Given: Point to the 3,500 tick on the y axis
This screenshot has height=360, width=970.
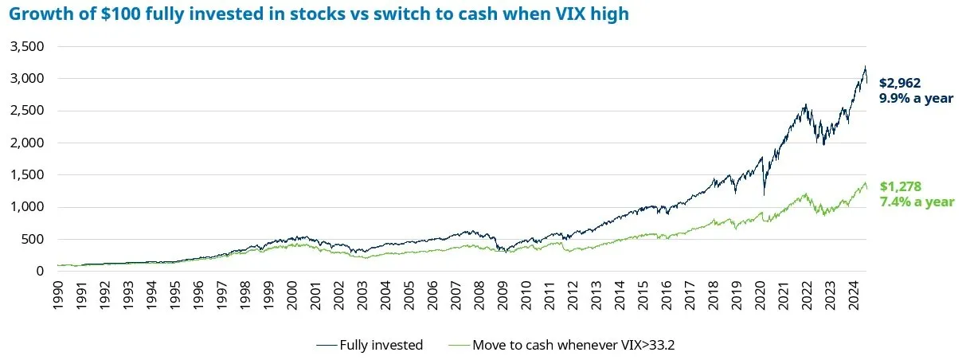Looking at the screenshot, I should tap(28, 47).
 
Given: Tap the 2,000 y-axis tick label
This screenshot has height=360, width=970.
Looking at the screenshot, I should tap(28, 143).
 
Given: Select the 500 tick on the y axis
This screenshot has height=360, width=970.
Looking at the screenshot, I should tap(33, 239).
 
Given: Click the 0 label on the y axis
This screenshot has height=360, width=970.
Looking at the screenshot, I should tap(40, 271).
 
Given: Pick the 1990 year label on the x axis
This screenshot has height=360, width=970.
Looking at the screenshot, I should tap(59, 294).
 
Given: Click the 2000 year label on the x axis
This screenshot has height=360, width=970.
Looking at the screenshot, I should tap(292, 294).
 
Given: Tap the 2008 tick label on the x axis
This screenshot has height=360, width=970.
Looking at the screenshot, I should tap(479, 294).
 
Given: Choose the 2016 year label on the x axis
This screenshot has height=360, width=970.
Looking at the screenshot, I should tap(666, 294).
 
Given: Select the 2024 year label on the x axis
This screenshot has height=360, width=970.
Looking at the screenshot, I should tap(852, 294).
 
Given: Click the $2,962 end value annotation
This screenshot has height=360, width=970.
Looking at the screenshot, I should tap(900, 83).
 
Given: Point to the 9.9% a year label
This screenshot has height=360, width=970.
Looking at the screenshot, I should tap(916, 98).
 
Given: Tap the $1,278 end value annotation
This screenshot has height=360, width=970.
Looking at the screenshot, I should tap(900, 187).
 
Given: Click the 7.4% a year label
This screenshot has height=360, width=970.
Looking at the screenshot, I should tap(917, 202).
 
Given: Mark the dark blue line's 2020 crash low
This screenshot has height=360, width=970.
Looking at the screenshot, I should tap(764, 194).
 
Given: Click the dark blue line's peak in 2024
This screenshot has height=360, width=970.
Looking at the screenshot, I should tap(866, 67).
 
